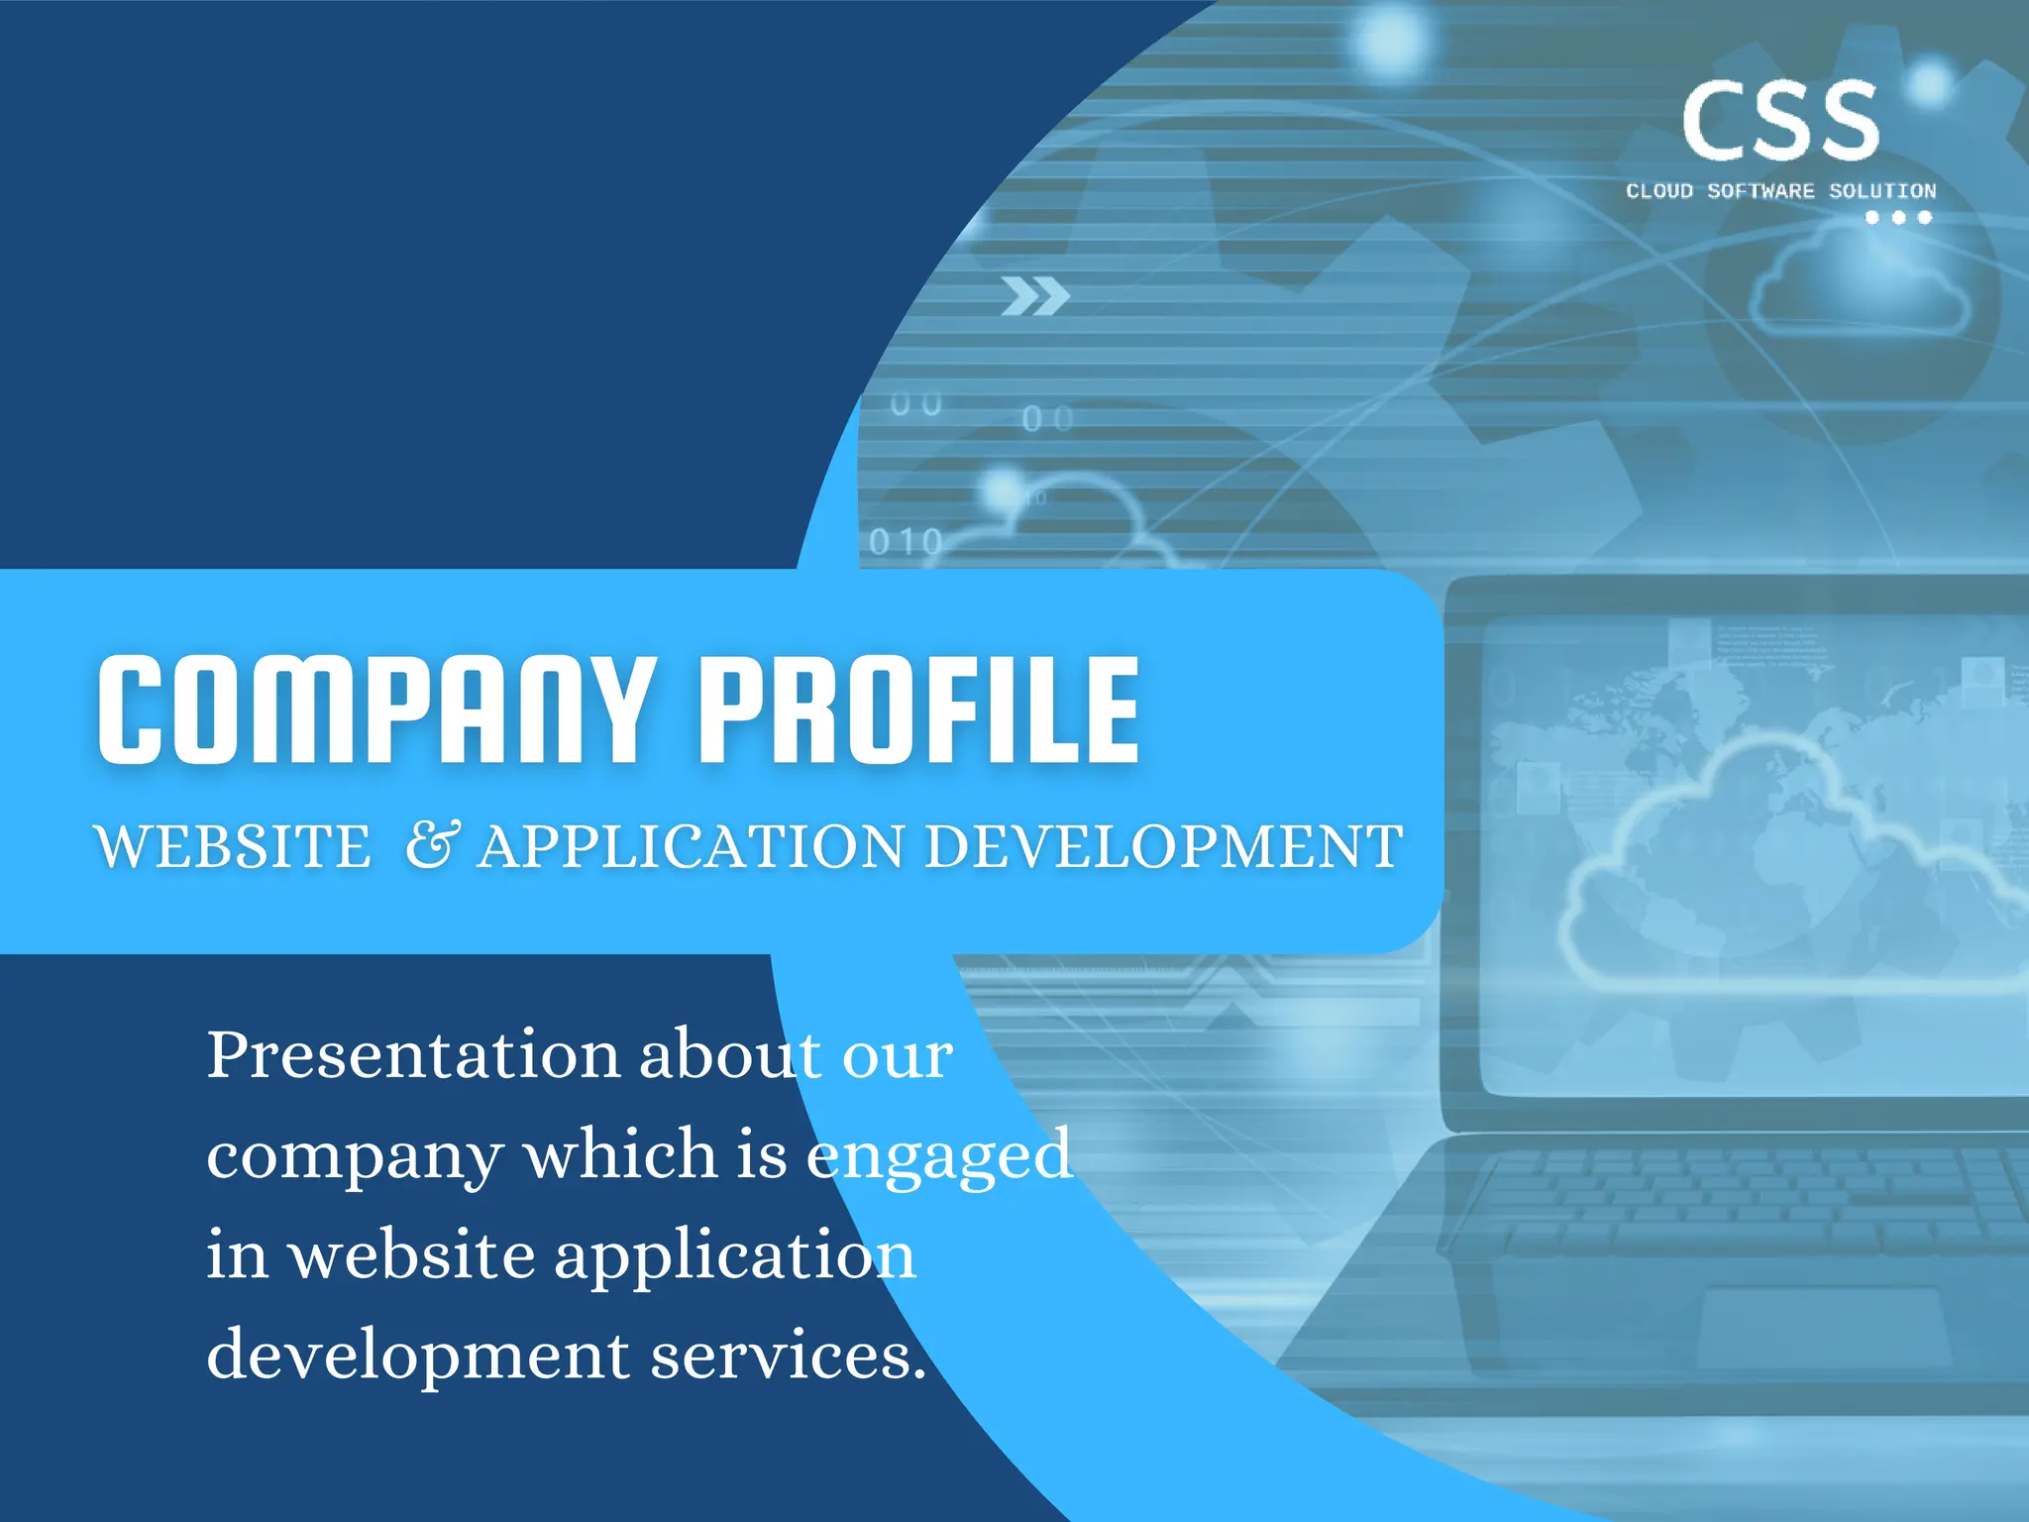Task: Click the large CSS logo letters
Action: pyautogui.click(x=1779, y=121)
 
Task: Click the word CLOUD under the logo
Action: pyautogui.click(x=1659, y=191)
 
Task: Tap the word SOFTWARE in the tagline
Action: pyautogui.click(x=1761, y=191)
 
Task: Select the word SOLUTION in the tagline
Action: pyautogui.click(x=1881, y=191)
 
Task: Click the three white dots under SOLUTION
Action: pyautogui.click(x=1898, y=217)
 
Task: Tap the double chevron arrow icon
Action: pyautogui.click(x=1035, y=296)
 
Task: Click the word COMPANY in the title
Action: pyautogui.click(x=376, y=709)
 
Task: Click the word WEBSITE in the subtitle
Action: pyautogui.click(x=233, y=847)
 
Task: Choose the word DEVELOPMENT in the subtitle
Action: pyautogui.click(x=1163, y=847)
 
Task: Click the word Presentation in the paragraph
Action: pyautogui.click(x=412, y=1054)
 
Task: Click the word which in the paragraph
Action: pyautogui.click(x=620, y=1153)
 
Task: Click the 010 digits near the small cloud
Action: pyautogui.click(x=906, y=542)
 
